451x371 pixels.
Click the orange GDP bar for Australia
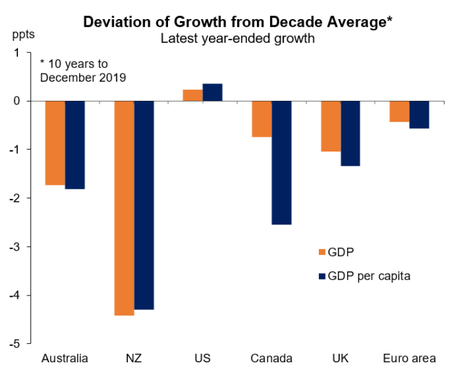(x=55, y=143)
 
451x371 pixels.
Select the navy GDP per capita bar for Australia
(x=75, y=145)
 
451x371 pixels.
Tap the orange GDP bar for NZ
(x=124, y=208)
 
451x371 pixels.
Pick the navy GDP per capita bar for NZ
(x=144, y=205)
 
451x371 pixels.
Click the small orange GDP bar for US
(x=193, y=95)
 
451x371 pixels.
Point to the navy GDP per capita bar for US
(x=213, y=92)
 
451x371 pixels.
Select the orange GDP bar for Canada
(x=262, y=119)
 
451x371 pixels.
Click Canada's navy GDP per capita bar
(x=282, y=163)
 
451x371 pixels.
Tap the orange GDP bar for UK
(x=331, y=126)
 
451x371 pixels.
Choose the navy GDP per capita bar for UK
(x=350, y=134)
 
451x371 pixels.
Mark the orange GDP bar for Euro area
(x=400, y=111)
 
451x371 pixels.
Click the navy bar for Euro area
(x=419, y=114)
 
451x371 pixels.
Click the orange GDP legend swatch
(x=321, y=252)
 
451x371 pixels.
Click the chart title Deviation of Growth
(x=238, y=22)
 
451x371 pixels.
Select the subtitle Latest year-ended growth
(x=238, y=38)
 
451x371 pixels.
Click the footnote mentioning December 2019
(x=82, y=70)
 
